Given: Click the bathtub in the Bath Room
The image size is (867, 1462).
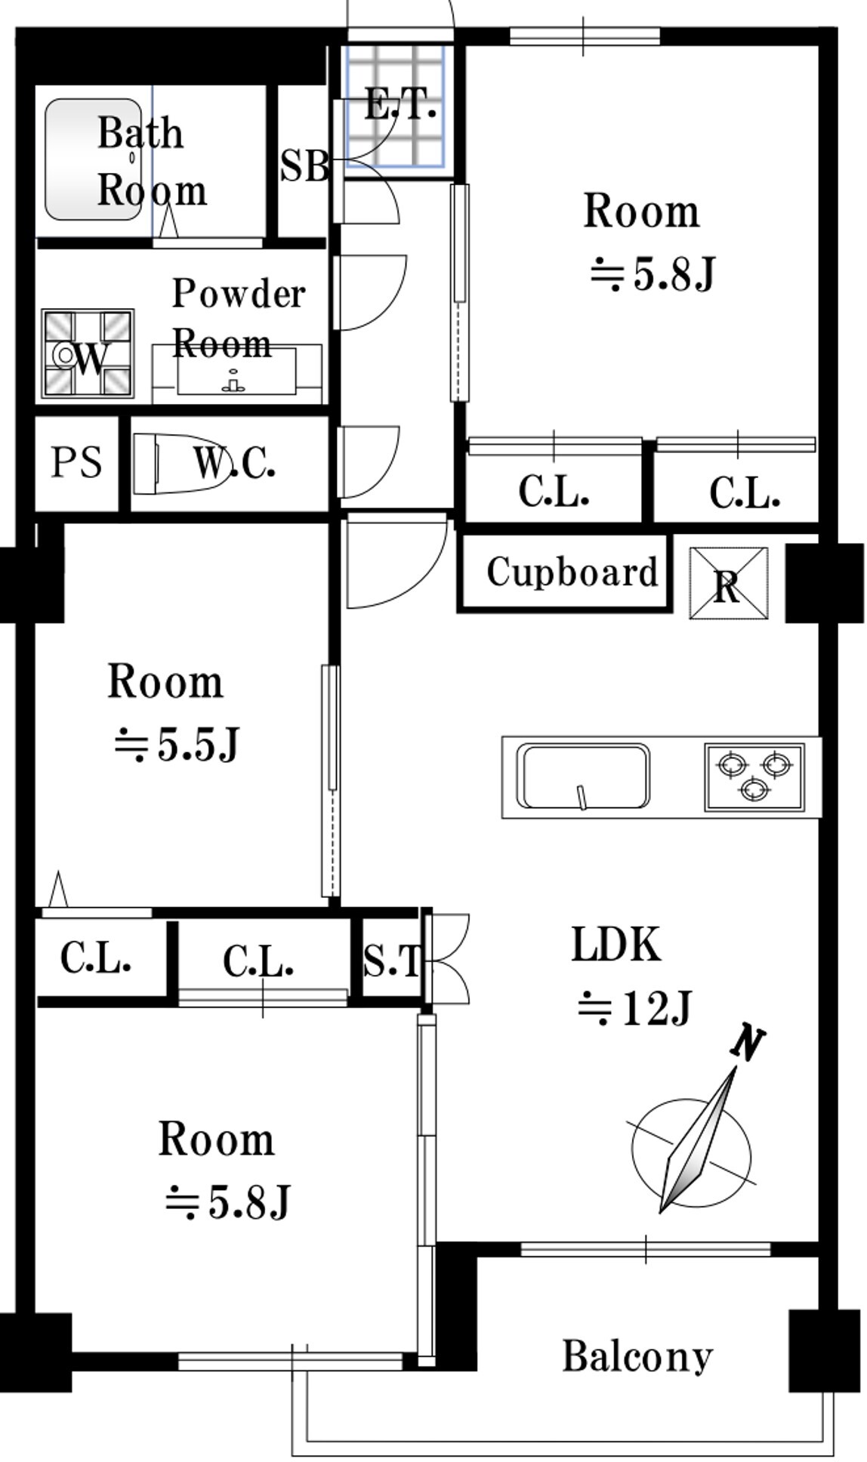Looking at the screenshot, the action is pos(92,159).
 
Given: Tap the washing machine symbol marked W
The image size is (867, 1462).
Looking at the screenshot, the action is pos(88,353).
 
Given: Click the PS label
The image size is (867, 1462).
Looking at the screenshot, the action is pos(76,462).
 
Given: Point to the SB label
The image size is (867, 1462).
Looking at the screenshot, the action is pos(304,165).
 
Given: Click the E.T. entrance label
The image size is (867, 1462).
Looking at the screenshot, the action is pos(400,104).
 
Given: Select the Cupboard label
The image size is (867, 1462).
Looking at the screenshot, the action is pos(572,572).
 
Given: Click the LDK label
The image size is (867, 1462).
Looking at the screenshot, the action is pos(616,944).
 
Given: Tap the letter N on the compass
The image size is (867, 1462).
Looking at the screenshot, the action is pos(748,1044).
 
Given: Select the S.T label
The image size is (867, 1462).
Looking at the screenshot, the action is pos(391,961).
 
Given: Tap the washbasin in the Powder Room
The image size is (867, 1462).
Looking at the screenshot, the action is pos(236,370).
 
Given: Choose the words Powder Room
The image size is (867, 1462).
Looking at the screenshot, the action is pos(239,318).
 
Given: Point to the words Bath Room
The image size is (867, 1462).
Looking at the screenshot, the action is pos(152,162).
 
